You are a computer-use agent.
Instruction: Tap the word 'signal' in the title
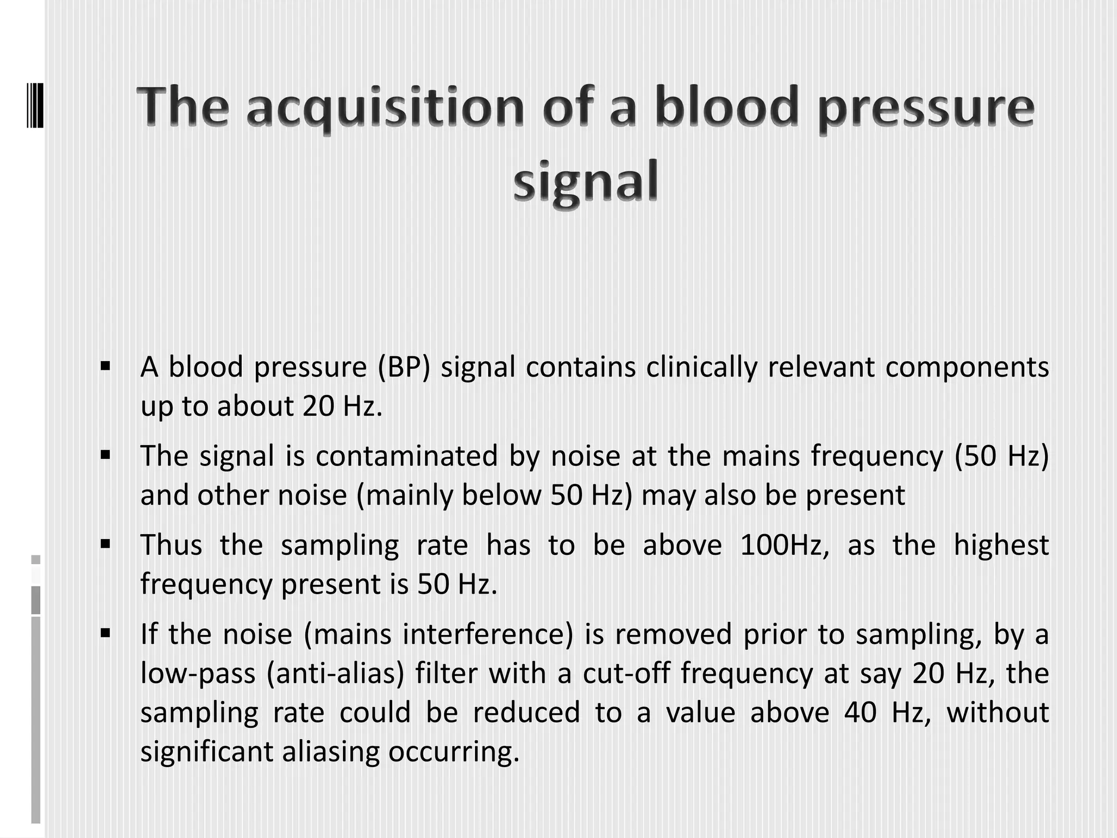click(585, 181)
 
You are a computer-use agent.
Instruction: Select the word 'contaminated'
click(407, 456)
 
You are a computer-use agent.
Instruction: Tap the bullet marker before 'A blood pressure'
click(106, 365)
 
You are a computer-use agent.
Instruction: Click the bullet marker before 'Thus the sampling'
click(106, 543)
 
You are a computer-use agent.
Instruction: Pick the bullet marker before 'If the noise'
click(106, 633)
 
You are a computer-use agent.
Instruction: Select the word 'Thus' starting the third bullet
click(171, 545)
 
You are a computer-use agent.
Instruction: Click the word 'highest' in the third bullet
click(1001, 545)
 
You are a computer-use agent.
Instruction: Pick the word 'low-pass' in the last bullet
click(198, 674)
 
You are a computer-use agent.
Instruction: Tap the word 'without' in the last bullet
click(998, 713)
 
